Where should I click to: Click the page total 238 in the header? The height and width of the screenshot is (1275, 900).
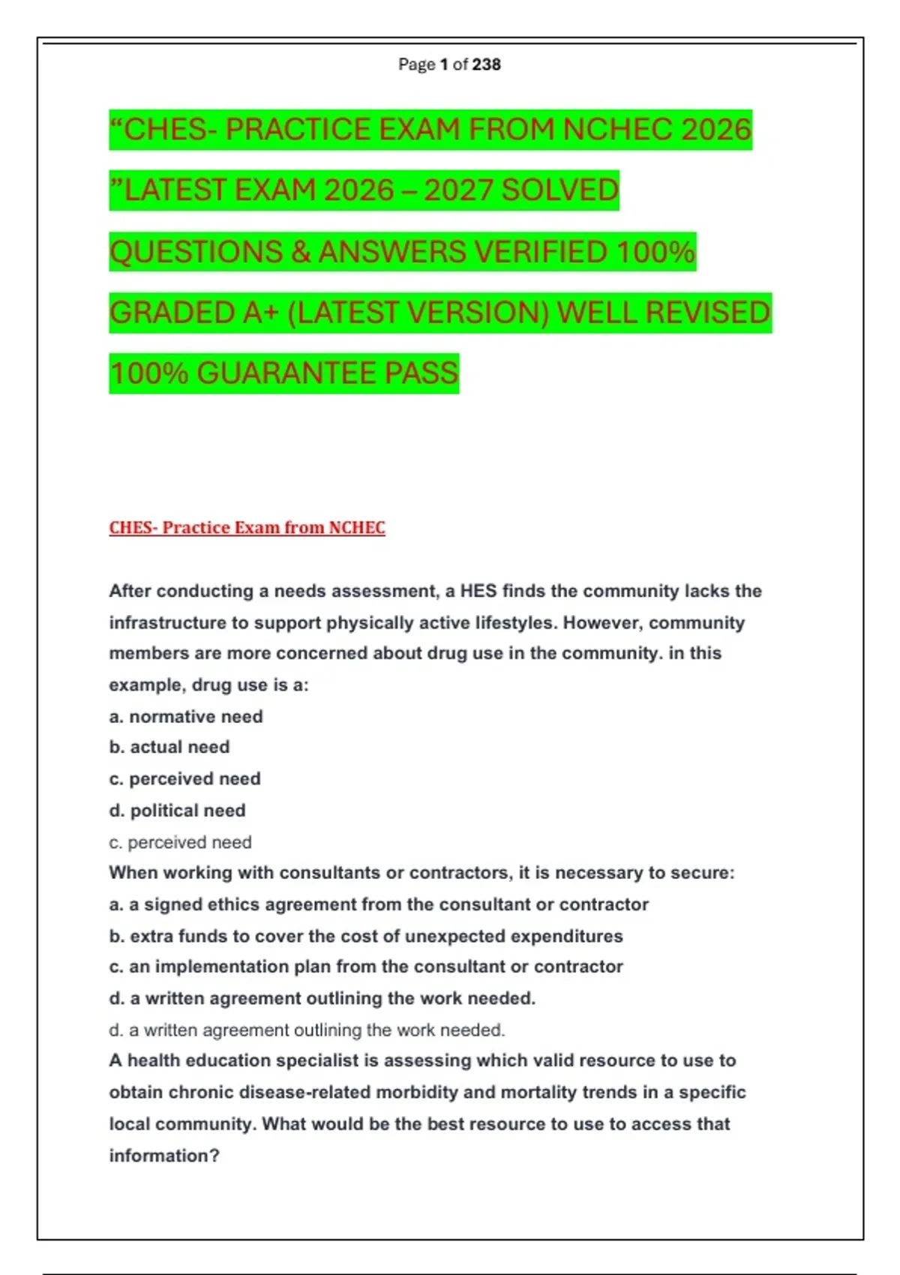486,64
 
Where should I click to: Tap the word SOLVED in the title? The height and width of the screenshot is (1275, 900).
559,190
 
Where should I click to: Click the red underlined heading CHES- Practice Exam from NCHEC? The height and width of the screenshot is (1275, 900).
247,528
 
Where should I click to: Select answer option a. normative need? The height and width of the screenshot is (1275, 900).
186,716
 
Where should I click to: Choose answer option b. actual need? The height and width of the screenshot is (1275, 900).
169,747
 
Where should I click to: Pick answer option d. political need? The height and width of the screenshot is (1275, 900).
178,810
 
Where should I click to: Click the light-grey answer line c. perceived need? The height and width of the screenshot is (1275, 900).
180,842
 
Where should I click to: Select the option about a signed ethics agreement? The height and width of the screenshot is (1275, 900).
379,904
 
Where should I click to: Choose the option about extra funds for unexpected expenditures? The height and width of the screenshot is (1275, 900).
366,936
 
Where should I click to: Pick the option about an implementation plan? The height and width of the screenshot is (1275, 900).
366,967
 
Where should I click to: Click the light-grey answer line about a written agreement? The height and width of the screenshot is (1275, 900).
307,1030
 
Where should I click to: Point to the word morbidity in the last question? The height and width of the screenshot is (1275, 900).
416,1092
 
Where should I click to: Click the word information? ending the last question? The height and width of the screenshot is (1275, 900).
164,1156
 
